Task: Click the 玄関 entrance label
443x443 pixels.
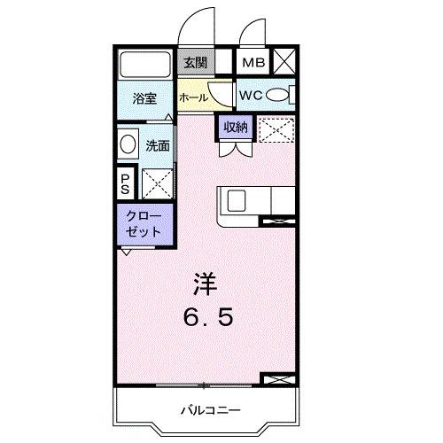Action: tap(194, 62)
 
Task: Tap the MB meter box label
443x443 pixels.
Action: tap(254, 62)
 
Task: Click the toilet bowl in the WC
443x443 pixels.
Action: tap(276, 95)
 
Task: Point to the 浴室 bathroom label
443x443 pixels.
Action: tap(145, 100)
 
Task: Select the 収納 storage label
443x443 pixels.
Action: tap(235, 128)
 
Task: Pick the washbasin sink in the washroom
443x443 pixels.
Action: tap(128, 144)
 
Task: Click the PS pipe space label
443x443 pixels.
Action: tap(125, 184)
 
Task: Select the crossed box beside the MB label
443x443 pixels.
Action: tap(285, 62)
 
